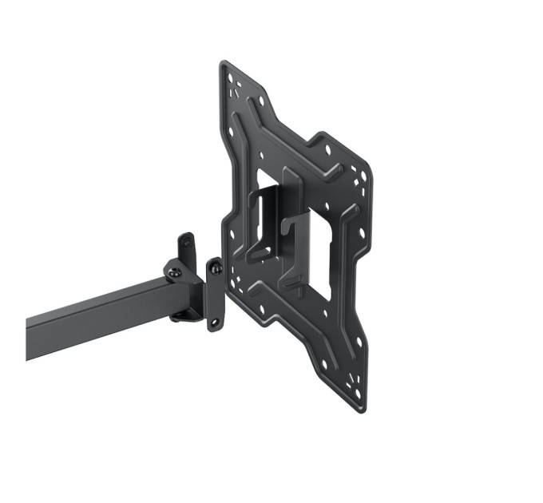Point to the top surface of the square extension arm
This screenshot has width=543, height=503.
(x=96, y=303)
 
